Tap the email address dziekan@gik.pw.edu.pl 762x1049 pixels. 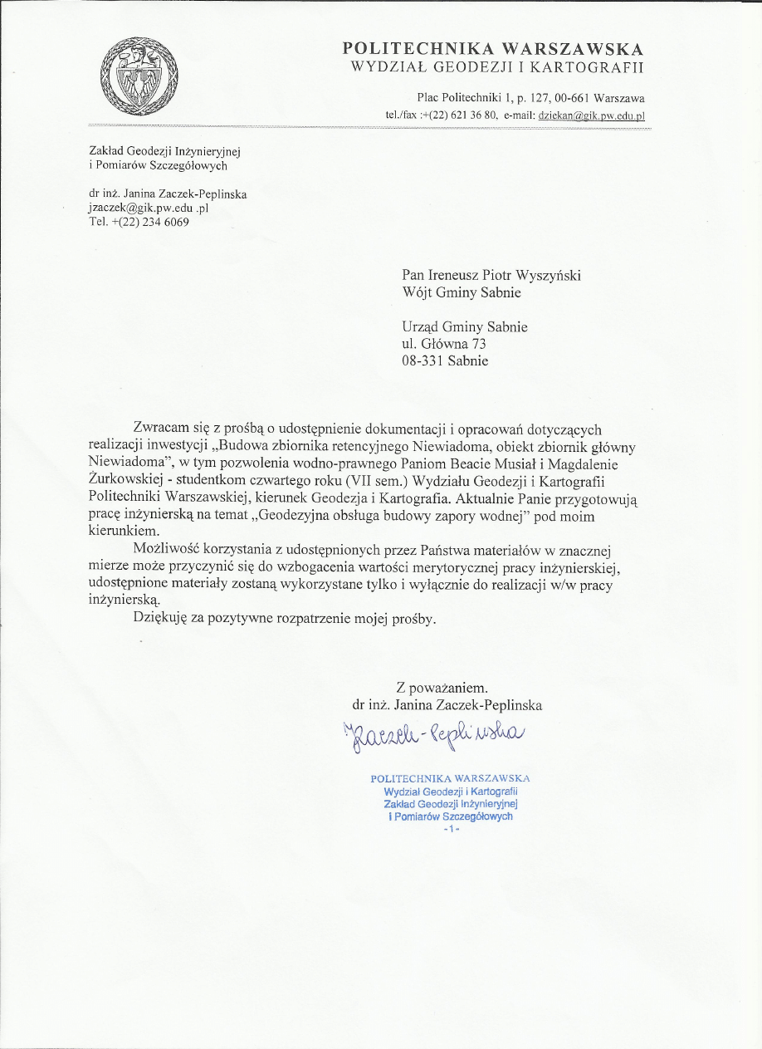(591, 116)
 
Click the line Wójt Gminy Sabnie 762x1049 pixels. (462, 292)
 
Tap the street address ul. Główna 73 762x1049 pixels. (443, 344)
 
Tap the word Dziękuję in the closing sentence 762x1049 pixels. (161, 620)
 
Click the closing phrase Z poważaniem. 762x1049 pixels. (442, 688)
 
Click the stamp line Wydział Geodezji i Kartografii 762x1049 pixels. (450, 792)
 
